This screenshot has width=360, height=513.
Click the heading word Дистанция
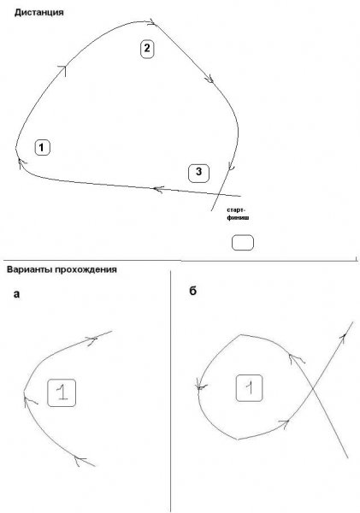point(39,13)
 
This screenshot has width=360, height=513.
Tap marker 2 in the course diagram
point(147,49)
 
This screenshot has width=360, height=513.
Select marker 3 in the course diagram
point(198,173)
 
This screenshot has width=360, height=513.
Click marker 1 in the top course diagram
point(42,148)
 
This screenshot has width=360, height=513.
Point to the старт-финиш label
point(238,213)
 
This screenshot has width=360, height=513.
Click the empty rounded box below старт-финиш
point(243,243)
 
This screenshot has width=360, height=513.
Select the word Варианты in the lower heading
point(29,269)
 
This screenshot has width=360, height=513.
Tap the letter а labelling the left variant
point(16,294)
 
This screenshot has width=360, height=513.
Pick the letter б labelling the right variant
point(193,291)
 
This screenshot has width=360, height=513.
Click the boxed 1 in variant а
point(62,392)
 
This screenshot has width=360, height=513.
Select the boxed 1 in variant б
point(249,387)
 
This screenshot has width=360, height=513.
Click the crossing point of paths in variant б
point(313,388)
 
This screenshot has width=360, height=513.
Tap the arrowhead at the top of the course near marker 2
point(152,22)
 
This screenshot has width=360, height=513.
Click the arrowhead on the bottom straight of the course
point(158,189)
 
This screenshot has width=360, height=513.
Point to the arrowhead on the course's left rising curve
point(62,70)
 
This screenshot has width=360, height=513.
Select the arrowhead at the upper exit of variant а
point(92,340)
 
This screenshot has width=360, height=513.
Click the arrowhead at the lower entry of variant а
point(80,461)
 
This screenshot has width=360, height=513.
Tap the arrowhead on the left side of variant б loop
point(200,386)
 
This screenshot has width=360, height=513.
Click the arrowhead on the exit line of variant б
point(343,337)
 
